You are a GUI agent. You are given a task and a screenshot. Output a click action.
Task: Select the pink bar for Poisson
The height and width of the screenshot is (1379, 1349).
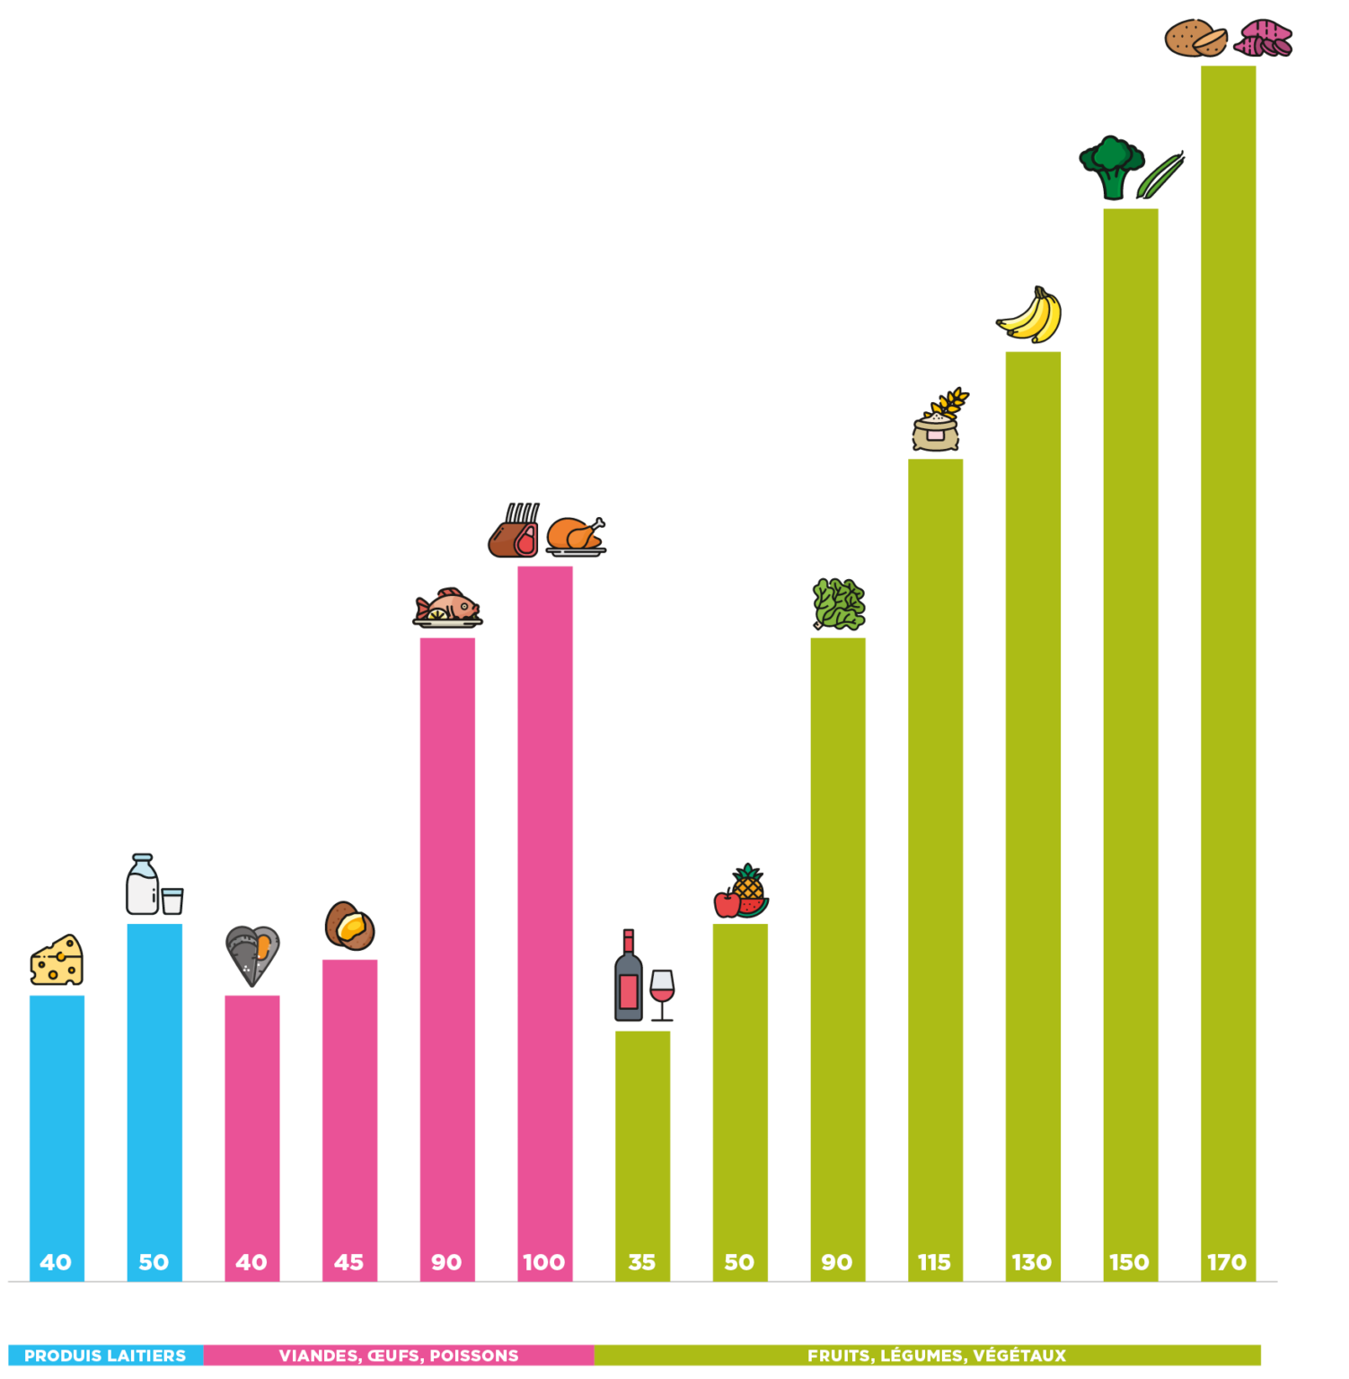coord(447,943)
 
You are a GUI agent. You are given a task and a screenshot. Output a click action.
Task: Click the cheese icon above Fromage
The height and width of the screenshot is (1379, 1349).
coord(57,961)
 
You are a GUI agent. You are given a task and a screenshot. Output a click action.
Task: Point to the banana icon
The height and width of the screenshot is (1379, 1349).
coord(1031,316)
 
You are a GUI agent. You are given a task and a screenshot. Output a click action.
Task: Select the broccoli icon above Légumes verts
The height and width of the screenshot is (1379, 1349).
coord(1113,166)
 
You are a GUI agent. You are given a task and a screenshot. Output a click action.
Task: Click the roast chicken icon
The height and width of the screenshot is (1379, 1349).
coord(576,535)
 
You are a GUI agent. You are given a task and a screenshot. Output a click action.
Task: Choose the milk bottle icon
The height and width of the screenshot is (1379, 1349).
coord(142,883)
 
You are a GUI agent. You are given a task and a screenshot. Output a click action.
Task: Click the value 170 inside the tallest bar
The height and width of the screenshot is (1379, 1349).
coord(1227,1262)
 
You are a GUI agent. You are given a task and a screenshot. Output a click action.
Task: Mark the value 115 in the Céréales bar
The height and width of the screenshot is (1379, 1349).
coord(934,1262)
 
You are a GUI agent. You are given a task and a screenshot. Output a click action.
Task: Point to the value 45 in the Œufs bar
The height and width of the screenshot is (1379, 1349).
coord(348,1262)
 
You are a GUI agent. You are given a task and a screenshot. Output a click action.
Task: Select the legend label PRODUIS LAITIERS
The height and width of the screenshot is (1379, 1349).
coord(105,1356)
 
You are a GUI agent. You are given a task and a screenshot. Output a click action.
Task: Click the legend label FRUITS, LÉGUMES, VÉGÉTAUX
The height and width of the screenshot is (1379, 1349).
coord(936,1356)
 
